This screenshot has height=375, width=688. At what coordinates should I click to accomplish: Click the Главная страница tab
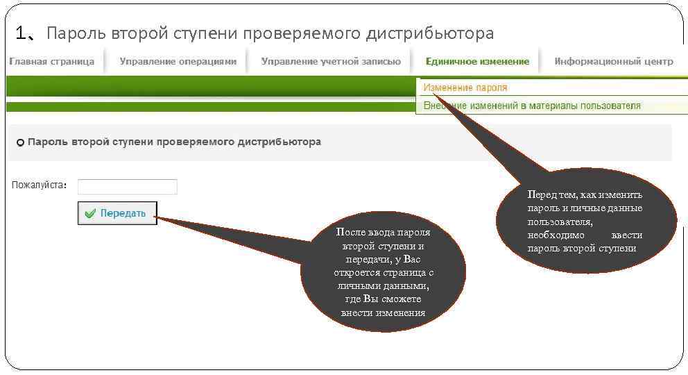pyautogui.click(x=51, y=62)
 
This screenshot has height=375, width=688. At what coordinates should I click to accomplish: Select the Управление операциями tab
pyautogui.click(x=178, y=62)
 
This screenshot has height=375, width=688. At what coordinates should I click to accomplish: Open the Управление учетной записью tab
pyautogui.click(x=331, y=62)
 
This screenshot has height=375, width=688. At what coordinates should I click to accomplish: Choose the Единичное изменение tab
pyautogui.click(x=477, y=62)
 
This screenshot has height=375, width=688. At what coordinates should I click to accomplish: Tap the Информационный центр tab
pyautogui.click(x=613, y=62)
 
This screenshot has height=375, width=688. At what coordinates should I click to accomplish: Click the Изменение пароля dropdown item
pyautogui.click(x=465, y=88)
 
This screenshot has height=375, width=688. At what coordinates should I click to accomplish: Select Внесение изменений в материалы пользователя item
pyautogui.click(x=532, y=106)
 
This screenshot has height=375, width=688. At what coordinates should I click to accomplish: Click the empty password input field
pyautogui.click(x=128, y=187)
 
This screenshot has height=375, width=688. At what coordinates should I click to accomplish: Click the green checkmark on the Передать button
pyautogui.click(x=90, y=214)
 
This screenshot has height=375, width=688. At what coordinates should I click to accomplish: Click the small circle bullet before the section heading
pyautogui.click(x=20, y=142)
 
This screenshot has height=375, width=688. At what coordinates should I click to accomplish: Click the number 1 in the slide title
pyautogui.click(x=20, y=33)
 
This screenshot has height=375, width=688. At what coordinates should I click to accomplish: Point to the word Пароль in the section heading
pyautogui.click(x=46, y=142)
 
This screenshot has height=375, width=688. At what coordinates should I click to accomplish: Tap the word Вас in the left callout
pyautogui.click(x=412, y=259)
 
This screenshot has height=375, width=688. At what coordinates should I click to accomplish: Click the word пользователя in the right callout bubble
pyautogui.click(x=560, y=222)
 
